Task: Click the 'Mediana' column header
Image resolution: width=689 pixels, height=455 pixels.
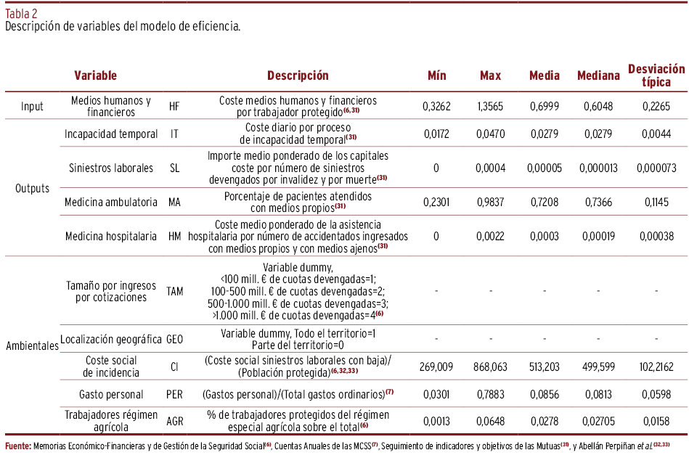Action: click(598, 75)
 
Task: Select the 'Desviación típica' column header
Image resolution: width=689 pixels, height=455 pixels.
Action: click(656, 75)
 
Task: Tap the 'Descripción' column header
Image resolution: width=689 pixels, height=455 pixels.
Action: click(298, 75)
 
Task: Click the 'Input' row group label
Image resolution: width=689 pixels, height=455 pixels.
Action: click(32, 107)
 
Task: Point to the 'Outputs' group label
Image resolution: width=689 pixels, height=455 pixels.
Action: click(32, 188)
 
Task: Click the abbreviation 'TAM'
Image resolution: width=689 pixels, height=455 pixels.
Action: click(175, 291)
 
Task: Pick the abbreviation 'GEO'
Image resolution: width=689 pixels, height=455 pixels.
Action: click(175, 339)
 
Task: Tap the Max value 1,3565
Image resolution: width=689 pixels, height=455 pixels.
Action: click(491, 107)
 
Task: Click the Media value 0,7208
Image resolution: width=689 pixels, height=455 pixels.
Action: click(545, 204)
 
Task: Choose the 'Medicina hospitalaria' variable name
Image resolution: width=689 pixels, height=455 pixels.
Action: click(110, 237)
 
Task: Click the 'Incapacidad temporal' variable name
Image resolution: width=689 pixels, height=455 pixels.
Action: click(110, 134)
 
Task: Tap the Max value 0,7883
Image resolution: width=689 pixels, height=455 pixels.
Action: click(491, 394)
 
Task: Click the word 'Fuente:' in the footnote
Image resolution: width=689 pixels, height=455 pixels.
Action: click(18, 445)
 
